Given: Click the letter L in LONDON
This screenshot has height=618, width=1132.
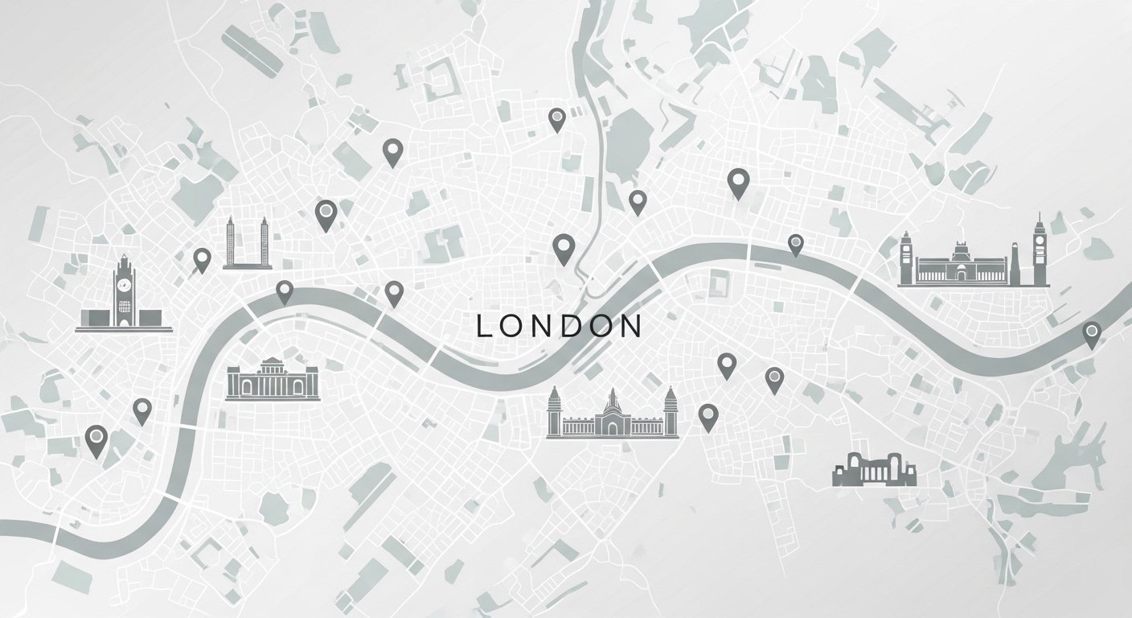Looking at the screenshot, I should pos(483,326).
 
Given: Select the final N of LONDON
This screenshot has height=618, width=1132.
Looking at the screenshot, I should pos(631,326).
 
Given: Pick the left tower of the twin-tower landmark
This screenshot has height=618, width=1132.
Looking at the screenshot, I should pos(230,241).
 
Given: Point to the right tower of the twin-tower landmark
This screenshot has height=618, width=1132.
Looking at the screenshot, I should pos(263,241).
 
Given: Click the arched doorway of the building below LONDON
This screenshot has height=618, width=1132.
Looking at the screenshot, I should pos(613,427).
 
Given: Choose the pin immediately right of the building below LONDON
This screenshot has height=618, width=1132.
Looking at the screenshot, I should pos(707,416).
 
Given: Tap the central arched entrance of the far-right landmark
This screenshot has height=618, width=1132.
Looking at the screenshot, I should pos(960,274).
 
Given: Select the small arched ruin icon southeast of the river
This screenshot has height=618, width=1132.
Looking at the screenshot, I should pos(874,469).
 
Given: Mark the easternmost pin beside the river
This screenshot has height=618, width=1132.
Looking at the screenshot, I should pos(1091,332).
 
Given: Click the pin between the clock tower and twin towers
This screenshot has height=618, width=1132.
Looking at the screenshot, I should pos(202,258).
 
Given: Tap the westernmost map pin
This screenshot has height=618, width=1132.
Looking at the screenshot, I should pos(96,439).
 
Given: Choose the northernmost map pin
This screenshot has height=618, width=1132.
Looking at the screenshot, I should pos(556,119).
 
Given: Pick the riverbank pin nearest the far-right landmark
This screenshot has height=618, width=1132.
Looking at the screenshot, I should pos(795,243).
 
